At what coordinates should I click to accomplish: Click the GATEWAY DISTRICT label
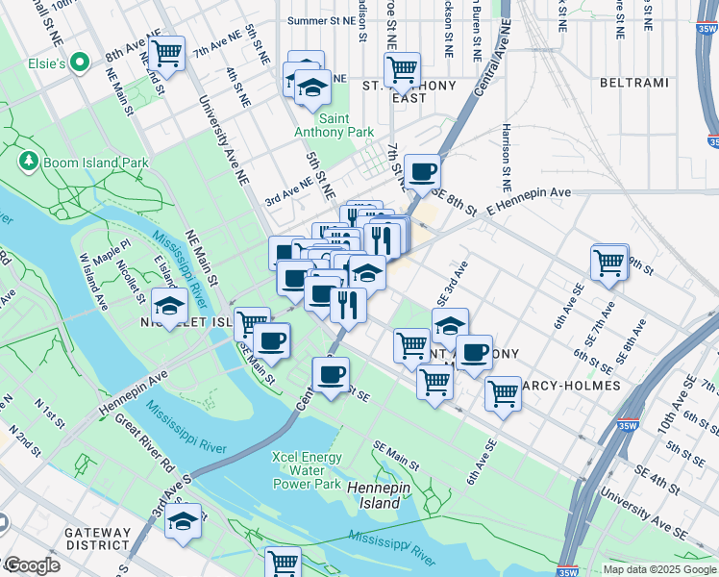97,539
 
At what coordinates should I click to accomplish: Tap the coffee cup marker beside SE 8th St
422,171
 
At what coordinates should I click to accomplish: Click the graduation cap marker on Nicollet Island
169,307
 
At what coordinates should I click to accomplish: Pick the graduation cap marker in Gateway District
183,521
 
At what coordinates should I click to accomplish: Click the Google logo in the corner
31,565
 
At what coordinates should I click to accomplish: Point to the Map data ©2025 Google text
659,569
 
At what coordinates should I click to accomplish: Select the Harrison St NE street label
504,155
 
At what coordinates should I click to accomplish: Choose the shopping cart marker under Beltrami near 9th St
609,262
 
